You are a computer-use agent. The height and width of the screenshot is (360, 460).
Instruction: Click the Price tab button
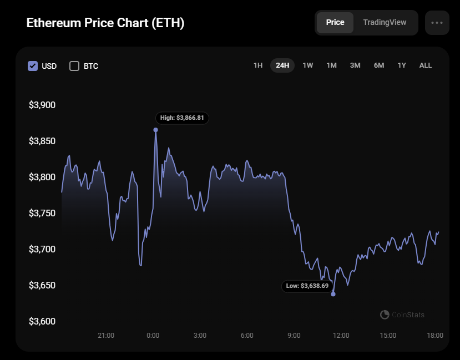click(x=335, y=23)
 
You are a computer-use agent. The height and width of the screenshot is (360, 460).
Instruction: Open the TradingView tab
click(x=385, y=23)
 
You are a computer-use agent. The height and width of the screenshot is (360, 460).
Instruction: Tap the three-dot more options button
click(x=437, y=23)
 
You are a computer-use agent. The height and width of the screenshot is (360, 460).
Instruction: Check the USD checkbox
click(x=33, y=66)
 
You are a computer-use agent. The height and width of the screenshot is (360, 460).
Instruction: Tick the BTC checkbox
click(x=74, y=66)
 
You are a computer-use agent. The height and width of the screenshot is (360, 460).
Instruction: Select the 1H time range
click(x=258, y=65)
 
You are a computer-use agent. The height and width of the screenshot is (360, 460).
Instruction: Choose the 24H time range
click(x=282, y=65)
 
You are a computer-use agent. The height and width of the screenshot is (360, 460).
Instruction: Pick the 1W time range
click(x=308, y=65)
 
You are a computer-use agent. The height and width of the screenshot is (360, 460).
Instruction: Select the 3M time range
click(x=355, y=65)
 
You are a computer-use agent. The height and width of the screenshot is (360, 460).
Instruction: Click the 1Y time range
click(x=402, y=65)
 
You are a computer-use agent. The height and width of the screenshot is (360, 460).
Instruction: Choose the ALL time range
click(x=426, y=65)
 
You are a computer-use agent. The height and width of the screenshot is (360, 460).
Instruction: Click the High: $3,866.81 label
click(x=182, y=118)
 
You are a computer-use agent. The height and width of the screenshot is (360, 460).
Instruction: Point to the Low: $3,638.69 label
click(x=307, y=286)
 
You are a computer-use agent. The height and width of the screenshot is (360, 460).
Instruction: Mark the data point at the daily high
click(x=155, y=130)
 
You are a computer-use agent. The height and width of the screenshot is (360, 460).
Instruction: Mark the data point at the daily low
click(x=333, y=294)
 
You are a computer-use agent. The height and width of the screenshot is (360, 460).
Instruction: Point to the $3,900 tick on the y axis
click(x=42, y=105)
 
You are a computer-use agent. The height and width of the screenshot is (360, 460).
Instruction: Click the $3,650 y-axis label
click(x=42, y=286)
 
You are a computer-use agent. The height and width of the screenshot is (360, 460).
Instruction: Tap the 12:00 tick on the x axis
click(x=341, y=336)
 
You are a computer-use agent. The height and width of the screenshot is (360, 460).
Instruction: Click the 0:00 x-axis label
click(x=153, y=336)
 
